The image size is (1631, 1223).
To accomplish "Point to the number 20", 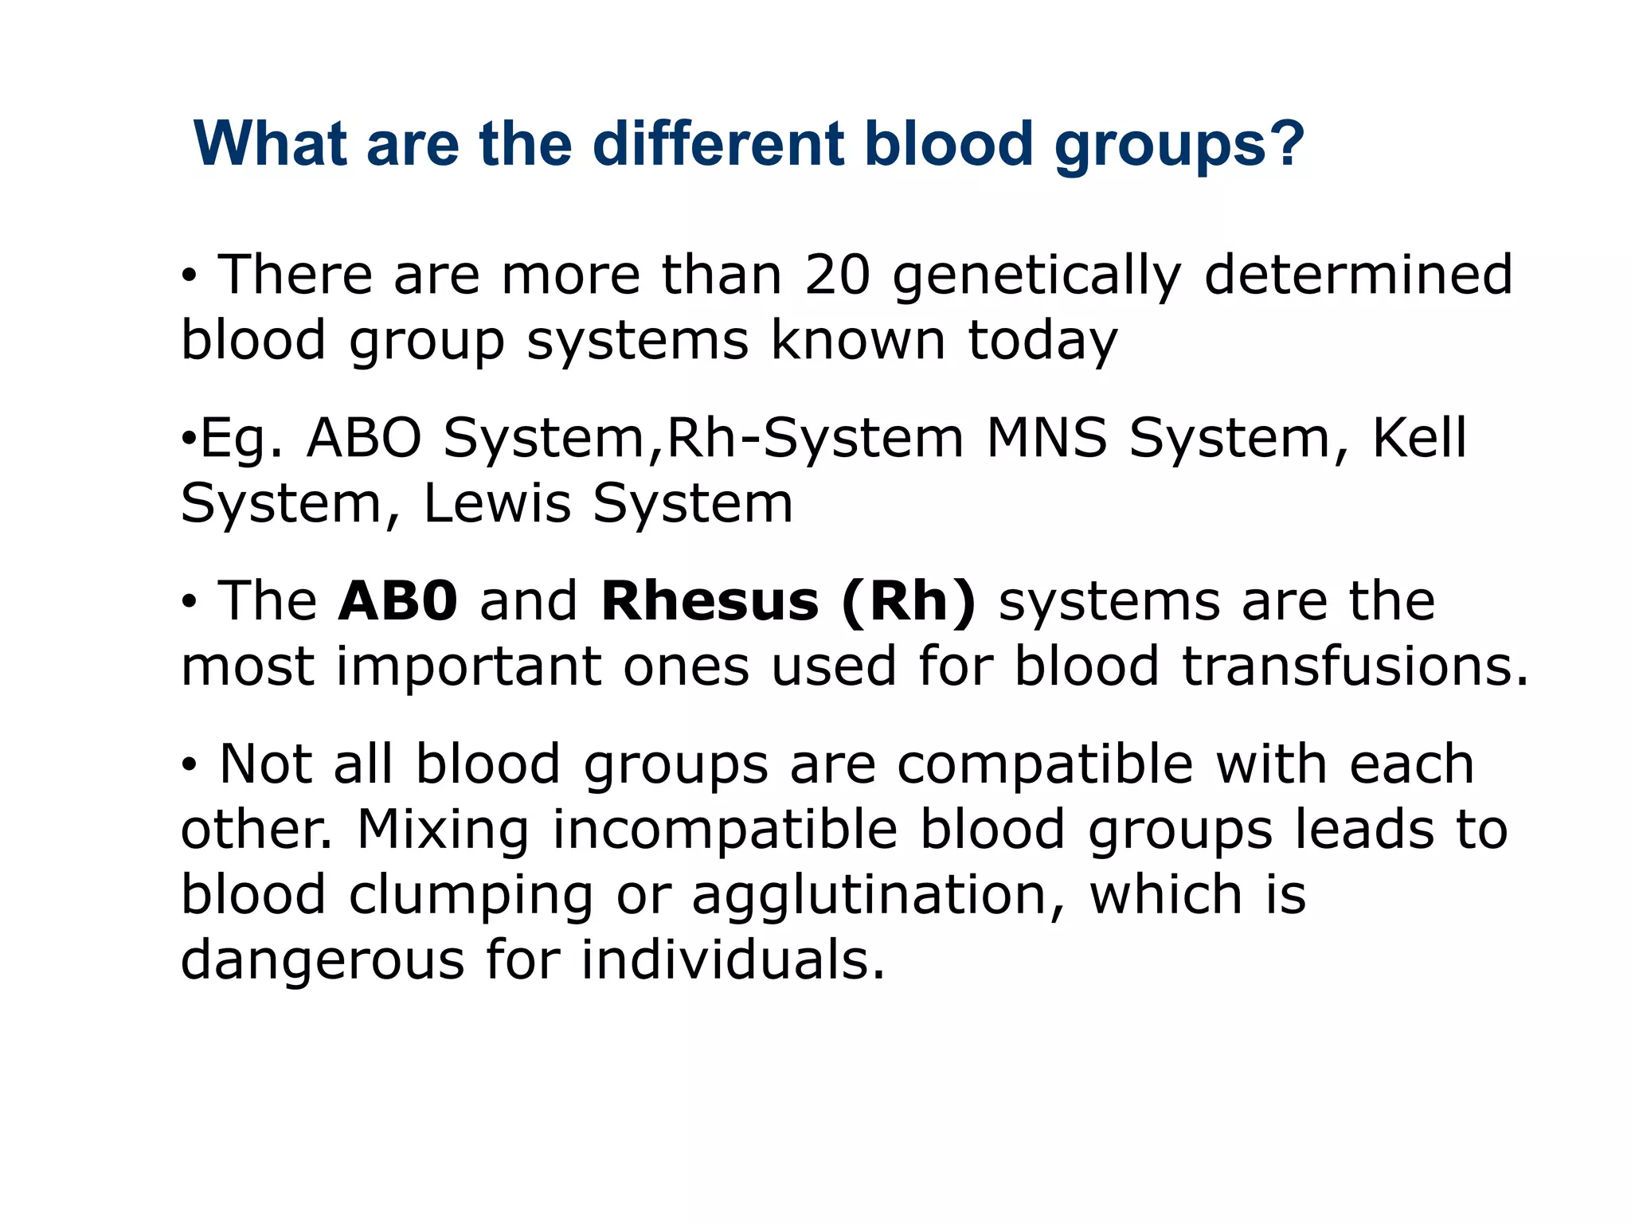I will (837, 275).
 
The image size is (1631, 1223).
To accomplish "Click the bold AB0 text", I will (397, 601).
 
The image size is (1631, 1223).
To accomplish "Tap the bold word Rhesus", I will (710, 601).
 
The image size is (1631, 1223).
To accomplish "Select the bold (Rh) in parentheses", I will (908, 602).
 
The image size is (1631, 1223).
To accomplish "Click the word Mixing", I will (443, 830).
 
